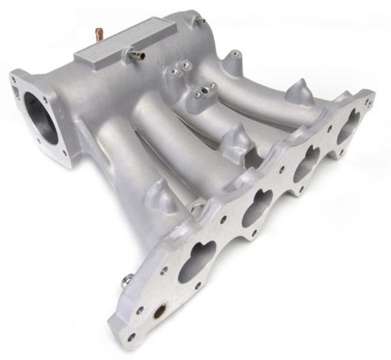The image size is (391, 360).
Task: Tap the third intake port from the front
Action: [x=307, y=163]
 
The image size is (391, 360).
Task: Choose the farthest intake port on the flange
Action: [x=346, y=124]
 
